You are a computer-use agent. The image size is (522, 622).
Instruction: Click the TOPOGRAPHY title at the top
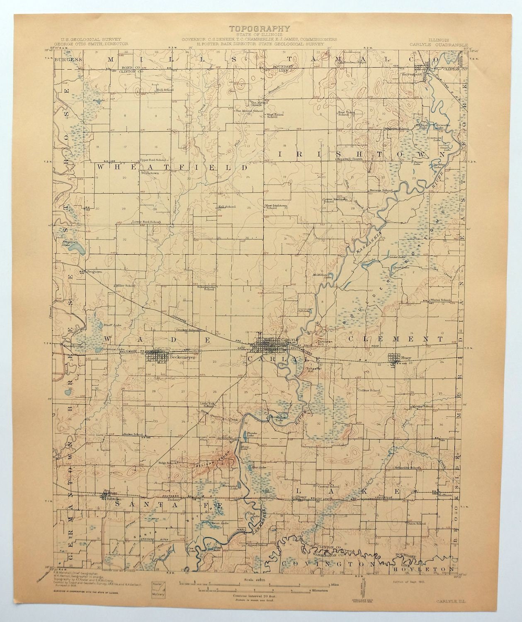coord(260,29)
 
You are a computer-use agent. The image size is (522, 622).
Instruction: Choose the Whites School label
coord(440,300)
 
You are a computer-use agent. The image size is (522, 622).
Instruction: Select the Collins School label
coord(369,391)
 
